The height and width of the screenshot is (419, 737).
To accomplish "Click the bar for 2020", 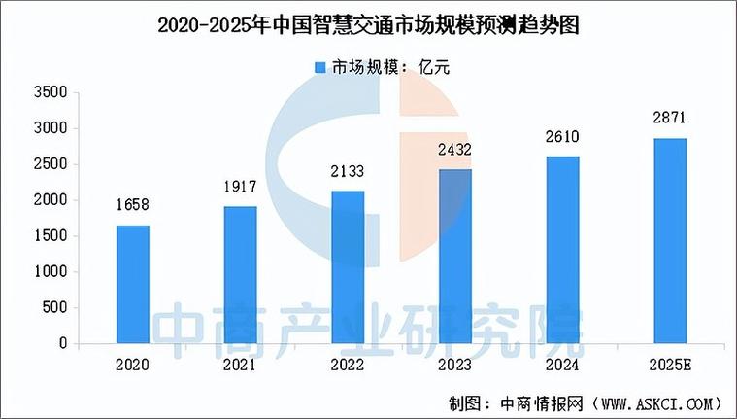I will click(x=133, y=284).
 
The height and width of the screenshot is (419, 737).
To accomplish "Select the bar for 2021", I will click(x=241, y=274).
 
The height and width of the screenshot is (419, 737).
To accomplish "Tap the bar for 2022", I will click(x=348, y=266).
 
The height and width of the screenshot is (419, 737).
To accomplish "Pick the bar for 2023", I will click(x=454, y=256).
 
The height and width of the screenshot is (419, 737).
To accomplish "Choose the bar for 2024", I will click(x=562, y=250).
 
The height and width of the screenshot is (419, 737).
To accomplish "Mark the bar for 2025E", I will click(x=669, y=240).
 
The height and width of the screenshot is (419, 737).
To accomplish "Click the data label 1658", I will click(x=133, y=205).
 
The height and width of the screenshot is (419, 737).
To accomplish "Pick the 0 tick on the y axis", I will click(x=62, y=343).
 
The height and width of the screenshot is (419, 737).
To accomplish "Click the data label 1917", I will click(x=241, y=187).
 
